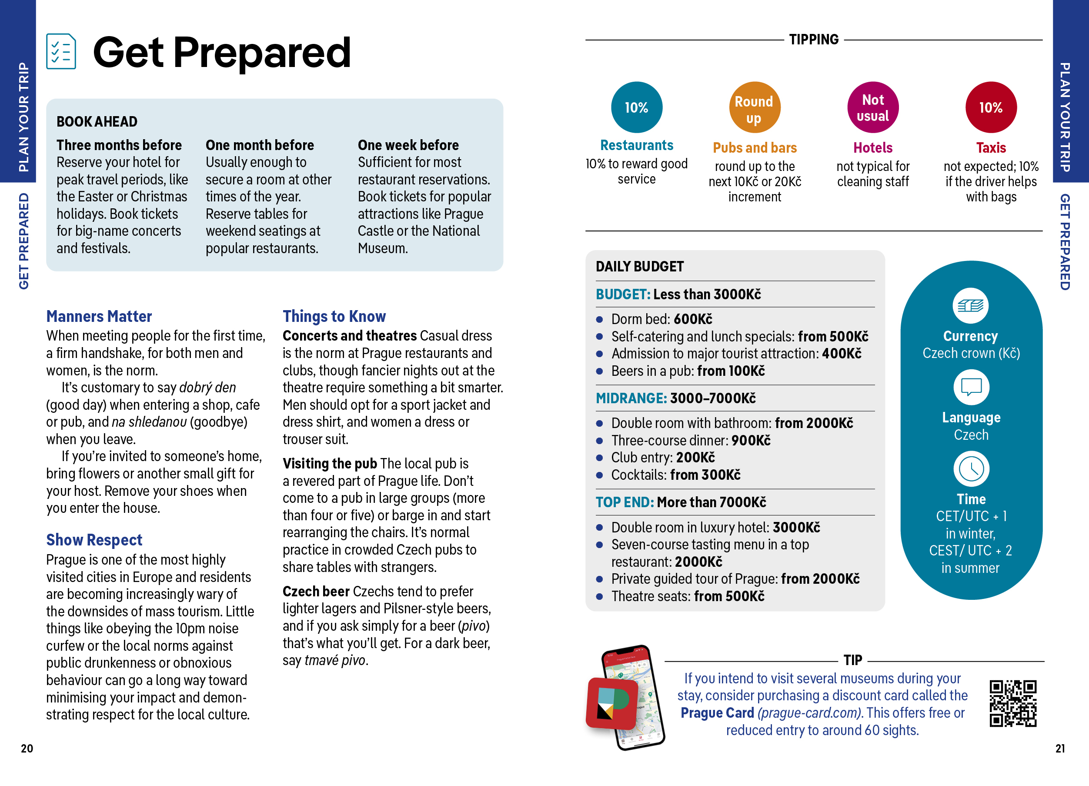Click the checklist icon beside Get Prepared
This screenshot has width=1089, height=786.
(61, 51)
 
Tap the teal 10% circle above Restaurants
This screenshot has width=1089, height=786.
(636, 107)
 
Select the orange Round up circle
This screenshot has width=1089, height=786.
(754, 108)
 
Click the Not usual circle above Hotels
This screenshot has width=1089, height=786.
(872, 107)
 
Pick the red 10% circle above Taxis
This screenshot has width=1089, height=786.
(991, 107)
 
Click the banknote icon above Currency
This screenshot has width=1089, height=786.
(970, 306)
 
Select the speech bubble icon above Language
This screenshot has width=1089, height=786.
(971, 387)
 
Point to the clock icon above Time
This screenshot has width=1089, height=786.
(971, 468)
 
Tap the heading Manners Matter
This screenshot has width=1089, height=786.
(99, 316)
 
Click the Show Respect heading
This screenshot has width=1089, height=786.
(94, 540)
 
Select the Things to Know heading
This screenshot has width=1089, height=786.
(334, 316)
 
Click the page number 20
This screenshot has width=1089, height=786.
(27, 749)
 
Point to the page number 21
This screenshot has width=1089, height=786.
(1060, 749)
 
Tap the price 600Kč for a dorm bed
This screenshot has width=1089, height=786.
(693, 319)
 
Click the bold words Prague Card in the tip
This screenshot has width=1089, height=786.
(717, 713)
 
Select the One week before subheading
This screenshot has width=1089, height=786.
(408, 145)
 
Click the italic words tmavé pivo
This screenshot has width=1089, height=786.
(335, 661)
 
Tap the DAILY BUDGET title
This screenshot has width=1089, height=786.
(640, 267)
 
